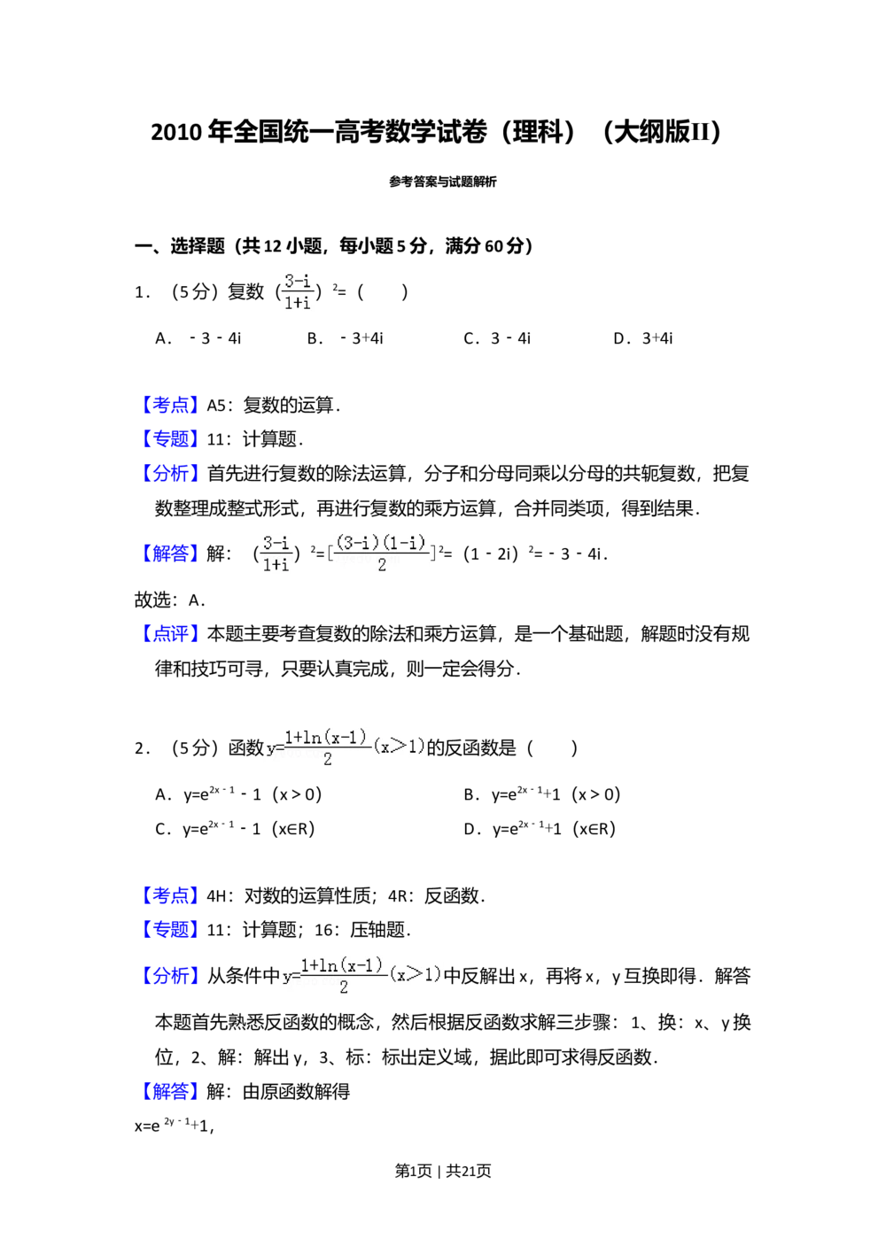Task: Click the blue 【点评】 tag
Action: (x=170, y=633)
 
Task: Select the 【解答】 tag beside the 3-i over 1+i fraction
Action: (x=170, y=553)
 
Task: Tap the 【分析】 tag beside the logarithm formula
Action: (x=170, y=975)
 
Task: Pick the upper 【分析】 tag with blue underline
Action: (x=170, y=473)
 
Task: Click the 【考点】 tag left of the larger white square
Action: (x=170, y=405)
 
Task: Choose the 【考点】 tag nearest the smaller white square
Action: (x=170, y=895)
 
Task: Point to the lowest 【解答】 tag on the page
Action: (x=170, y=1091)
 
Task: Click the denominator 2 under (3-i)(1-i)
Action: (x=382, y=565)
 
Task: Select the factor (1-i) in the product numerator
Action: (x=406, y=543)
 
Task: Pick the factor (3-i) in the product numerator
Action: (x=357, y=543)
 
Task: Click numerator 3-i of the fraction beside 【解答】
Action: (x=276, y=543)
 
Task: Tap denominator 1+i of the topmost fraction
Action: (x=298, y=302)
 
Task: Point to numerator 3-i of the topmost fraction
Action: (x=298, y=281)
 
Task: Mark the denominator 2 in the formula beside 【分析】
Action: (x=344, y=987)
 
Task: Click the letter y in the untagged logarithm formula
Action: (x=270, y=749)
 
